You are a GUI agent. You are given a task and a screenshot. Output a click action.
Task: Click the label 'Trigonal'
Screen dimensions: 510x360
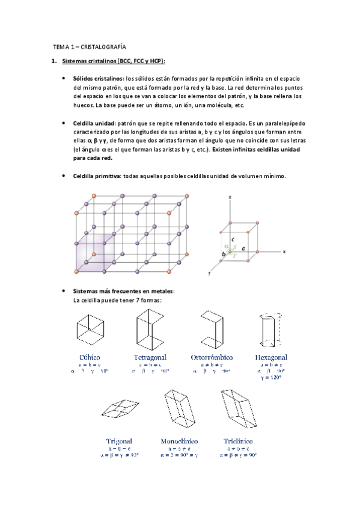pyautogui.click(x=119, y=441)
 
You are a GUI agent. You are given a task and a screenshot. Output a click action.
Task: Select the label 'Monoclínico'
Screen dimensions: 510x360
pyautogui.click(x=179, y=441)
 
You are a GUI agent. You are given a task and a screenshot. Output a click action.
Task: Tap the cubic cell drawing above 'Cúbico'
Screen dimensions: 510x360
pyautogui.click(x=90, y=329)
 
